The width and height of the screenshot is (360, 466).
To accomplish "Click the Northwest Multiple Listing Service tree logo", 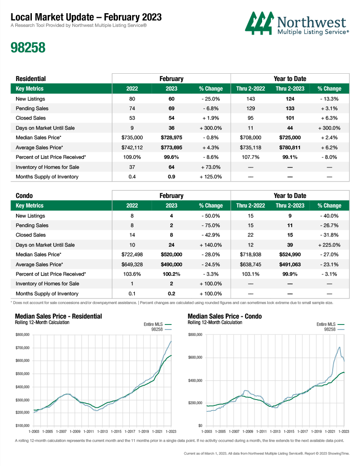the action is point(259,23).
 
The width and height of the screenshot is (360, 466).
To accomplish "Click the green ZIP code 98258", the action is point(28,47).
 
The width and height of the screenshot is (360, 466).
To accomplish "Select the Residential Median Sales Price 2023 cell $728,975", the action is point(172,137).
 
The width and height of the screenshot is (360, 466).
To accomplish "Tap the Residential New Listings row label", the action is point(30,99).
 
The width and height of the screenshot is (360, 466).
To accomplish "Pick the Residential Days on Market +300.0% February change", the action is point(211,128).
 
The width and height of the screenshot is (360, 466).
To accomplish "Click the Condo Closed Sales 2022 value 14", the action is point(132,235).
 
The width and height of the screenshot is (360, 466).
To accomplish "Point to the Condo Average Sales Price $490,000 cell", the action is point(172,264).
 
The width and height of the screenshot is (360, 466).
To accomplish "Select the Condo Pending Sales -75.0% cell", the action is point(211,226).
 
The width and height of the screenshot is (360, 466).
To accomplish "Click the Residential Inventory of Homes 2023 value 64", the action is point(172,167).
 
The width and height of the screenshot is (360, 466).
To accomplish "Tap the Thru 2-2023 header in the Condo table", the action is point(290,206).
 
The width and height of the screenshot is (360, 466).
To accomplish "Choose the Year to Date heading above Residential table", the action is point(290,79).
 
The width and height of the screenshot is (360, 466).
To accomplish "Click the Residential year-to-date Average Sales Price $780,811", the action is point(290,147).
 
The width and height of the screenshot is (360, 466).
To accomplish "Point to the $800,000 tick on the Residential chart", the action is point(23,334).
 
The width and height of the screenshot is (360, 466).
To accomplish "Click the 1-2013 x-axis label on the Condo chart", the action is point(275,431).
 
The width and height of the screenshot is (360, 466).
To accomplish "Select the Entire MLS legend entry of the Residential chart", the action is point(157,324).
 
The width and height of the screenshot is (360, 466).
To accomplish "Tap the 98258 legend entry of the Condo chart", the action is point(334,329).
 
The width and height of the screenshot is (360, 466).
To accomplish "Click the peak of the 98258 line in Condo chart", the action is point(339,347).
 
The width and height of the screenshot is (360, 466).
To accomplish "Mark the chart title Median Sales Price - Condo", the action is point(225,316).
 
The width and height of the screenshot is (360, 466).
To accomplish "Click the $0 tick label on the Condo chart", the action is point(200,425).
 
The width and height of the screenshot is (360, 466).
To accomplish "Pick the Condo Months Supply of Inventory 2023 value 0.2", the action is point(172,294).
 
